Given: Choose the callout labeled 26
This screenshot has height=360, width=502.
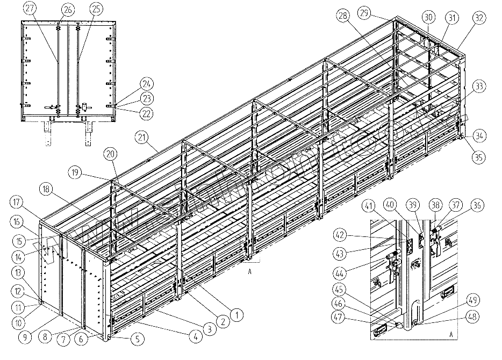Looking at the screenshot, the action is (68, 9).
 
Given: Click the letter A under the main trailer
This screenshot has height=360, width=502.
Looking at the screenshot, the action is (249, 272).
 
